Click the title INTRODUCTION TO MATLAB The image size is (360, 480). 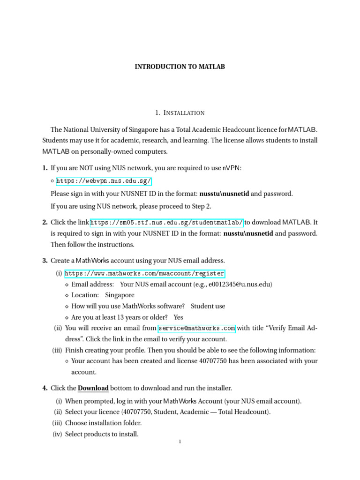coord(180,67)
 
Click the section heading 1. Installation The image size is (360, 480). coord(180,112)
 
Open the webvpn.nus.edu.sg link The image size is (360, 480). coord(104,181)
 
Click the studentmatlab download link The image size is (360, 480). coord(166,222)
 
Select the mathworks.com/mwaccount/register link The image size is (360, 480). coord(145,274)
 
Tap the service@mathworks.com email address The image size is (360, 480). coord(196,328)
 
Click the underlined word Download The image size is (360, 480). coord(93,388)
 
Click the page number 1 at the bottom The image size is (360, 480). coord(180,442)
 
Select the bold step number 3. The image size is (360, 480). coord(45,261)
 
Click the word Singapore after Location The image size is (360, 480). coord(120,295)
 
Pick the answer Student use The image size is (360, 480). coord(208,306)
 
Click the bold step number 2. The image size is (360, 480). coord(45,222)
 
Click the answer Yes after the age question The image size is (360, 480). coord(178,317)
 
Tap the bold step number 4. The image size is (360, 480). coord(45,388)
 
